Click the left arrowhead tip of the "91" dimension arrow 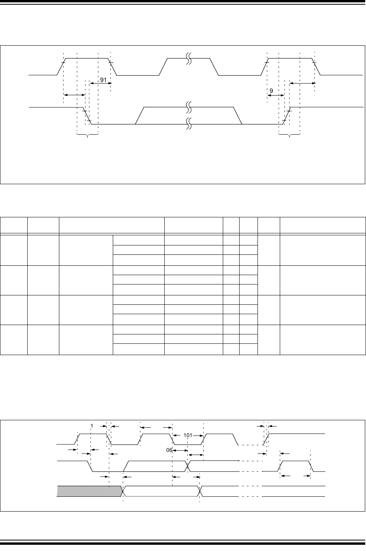pyautogui.click(x=90, y=84)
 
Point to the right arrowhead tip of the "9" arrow pyautogui.click(x=284, y=95)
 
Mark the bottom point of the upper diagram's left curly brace pyautogui.click(x=87, y=137)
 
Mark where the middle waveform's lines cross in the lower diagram pyautogui.click(x=188, y=466)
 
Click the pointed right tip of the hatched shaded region pyautogui.click(x=123, y=491)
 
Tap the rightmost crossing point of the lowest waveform pyautogui.click(x=199, y=491)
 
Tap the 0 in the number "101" pyautogui.click(x=188, y=435)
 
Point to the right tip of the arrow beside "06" pyautogui.click(x=188, y=450)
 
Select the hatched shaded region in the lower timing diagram pyautogui.click(x=90, y=491)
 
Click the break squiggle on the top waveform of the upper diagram pyautogui.click(x=188, y=59)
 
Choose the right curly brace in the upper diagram pyautogui.click(x=289, y=135)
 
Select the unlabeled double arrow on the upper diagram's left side pyautogui.click(x=74, y=95)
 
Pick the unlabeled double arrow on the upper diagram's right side pyautogui.click(x=302, y=84)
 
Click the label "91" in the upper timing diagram pyautogui.click(x=103, y=80)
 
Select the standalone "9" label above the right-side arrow pyautogui.click(x=271, y=91)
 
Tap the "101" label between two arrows pyautogui.click(x=188, y=435)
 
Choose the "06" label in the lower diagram pyautogui.click(x=169, y=450)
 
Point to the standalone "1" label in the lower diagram pyautogui.click(x=92, y=426)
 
